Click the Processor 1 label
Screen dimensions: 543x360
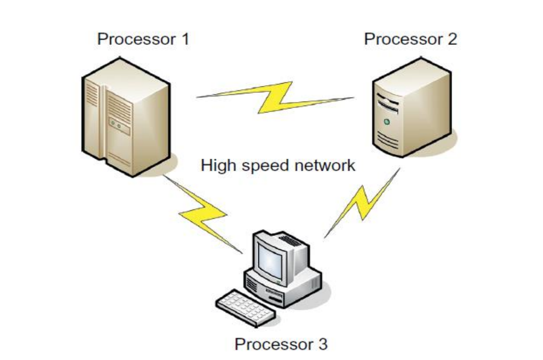144,39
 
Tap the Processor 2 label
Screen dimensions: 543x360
410,39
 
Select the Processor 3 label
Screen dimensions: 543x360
281,344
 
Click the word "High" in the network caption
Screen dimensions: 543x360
218,165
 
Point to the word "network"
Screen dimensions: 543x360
325,165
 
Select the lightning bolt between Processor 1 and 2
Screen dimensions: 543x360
275,98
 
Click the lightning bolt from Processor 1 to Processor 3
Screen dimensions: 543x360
202,214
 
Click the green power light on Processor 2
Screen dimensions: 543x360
387,122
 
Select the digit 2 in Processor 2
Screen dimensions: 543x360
452,39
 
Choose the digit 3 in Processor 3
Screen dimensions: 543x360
322,344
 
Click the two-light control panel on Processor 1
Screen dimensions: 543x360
119,126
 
